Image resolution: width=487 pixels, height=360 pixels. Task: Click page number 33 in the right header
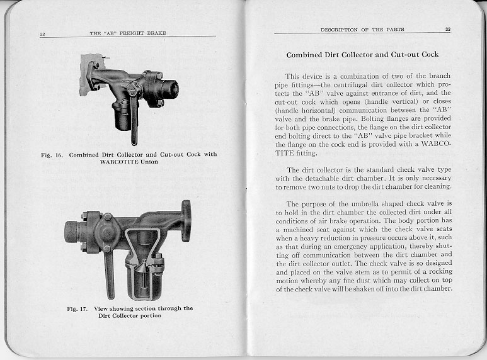[x=447, y=29]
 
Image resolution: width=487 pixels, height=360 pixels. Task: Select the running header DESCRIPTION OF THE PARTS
[x=362, y=29]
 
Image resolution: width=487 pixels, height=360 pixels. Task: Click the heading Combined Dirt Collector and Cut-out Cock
[x=362, y=55]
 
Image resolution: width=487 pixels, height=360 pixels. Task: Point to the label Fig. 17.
[x=77, y=308]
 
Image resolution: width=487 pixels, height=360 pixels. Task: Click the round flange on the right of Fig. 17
[x=185, y=220]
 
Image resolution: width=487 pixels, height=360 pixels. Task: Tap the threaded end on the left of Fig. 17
[x=71, y=230]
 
